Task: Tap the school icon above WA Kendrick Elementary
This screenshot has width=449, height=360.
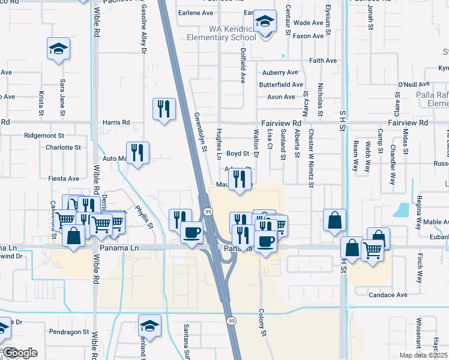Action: [x=264, y=23]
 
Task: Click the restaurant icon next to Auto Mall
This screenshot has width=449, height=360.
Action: [x=137, y=154]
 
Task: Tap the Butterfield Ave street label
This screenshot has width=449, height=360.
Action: [x=281, y=85]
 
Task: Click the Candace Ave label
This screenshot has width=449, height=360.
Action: [x=388, y=295]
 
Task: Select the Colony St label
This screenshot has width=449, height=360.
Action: [x=261, y=323]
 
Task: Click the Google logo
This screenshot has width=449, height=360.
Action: [x=20, y=353]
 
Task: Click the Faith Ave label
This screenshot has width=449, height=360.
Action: [x=323, y=61]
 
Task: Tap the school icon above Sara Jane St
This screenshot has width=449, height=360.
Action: [x=58, y=49]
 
